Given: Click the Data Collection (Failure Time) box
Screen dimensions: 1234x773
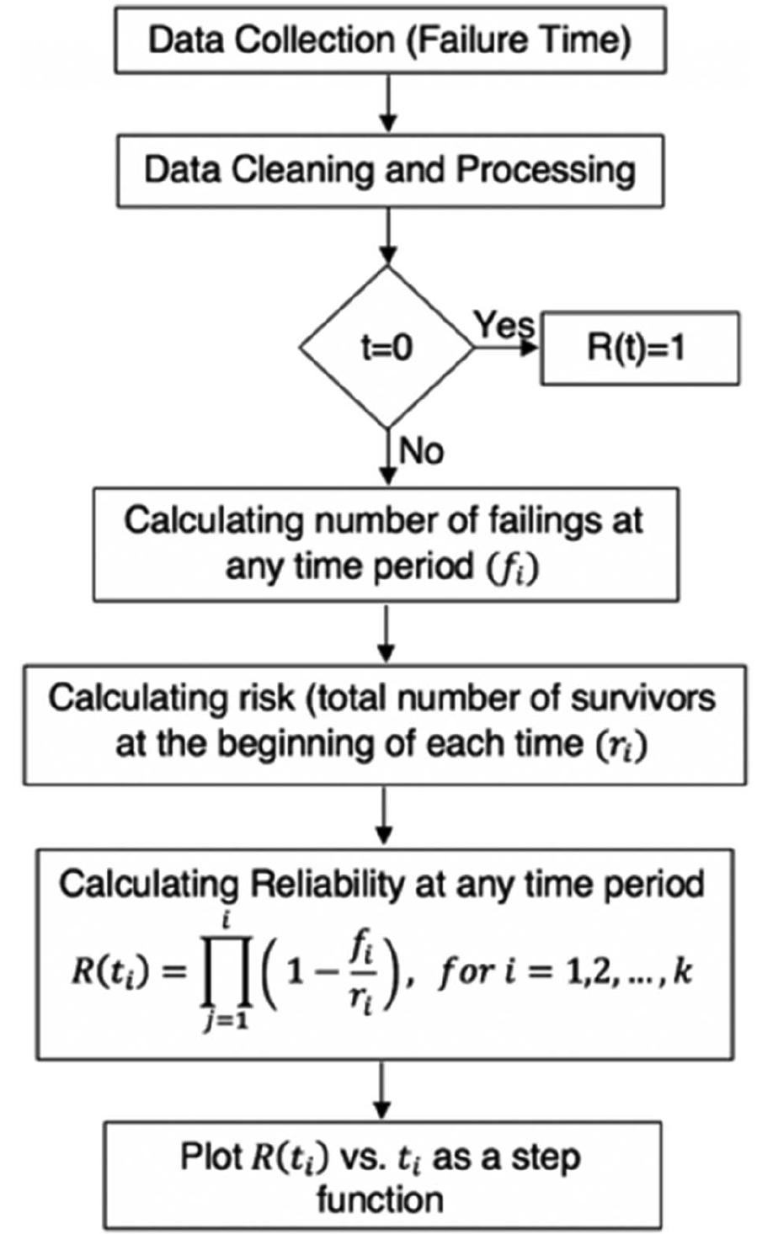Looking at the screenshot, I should point(389,40).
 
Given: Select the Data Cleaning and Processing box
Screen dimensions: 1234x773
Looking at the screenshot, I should point(389,170).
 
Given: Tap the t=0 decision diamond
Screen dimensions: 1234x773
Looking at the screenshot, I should point(387,348).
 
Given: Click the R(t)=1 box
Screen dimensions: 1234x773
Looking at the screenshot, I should point(638,348).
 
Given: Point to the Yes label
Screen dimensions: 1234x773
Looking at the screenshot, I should point(503,324).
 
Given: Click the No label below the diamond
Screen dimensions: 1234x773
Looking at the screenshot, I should point(421,452).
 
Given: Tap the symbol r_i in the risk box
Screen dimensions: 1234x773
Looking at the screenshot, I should point(626,746).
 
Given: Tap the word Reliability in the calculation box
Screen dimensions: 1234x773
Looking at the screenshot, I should point(318,884).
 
